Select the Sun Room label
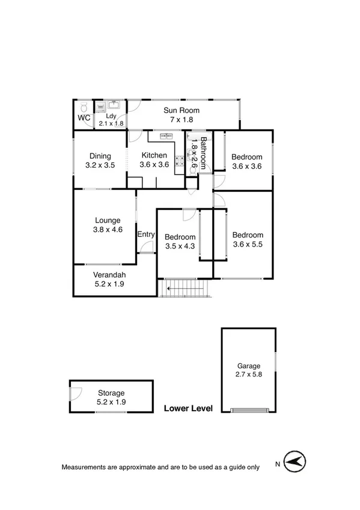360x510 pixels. pos(181,111)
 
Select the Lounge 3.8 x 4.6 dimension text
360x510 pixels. pos(108,229)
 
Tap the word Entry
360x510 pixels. pos(146,234)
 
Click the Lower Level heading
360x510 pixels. pos(188,408)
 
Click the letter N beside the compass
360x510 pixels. pos(276,464)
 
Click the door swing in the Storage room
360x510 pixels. pos(75,394)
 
